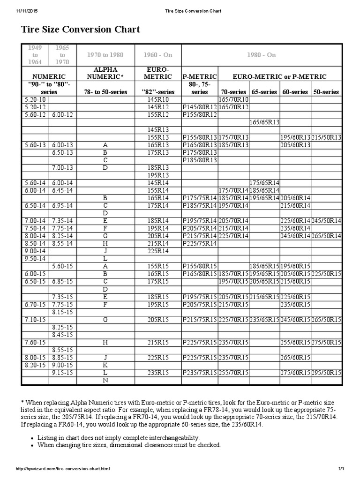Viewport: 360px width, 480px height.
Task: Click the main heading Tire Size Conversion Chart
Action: pyautogui.click(x=80, y=30)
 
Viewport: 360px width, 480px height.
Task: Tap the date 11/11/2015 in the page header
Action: pyautogui.click(x=15, y=10)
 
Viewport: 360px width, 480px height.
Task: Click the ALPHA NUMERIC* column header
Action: pyautogui.click(x=105, y=73)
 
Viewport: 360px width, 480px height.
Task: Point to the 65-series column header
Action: pyautogui.click(x=264, y=92)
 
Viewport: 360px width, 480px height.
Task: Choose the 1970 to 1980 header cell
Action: pyautogui.click(x=105, y=55)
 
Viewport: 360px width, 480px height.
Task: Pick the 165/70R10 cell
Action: pyautogui.click(x=233, y=100)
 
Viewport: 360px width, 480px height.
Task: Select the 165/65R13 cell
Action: pyautogui.click(x=264, y=122)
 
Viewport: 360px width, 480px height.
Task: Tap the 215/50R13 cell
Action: pyautogui.click(x=326, y=137)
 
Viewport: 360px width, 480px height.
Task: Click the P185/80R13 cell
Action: pyautogui.click(x=199, y=160)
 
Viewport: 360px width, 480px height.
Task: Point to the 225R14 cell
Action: pyautogui.click(x=157, y=251)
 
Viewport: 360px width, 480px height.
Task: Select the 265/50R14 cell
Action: pyautogui.click(x=326, y=236)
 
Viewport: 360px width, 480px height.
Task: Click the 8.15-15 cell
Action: pyautogui.click(x=62, y=311)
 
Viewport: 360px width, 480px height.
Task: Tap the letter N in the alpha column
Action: pyautogui.click(x=105, y=380)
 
